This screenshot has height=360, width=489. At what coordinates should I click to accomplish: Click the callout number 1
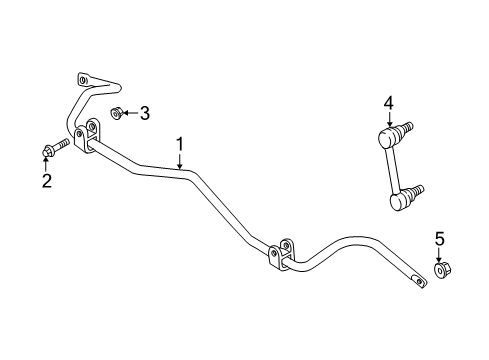pos(180,147)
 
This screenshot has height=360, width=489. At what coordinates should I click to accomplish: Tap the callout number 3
pos(145,113)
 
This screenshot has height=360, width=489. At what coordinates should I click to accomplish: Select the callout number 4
pos(389,101)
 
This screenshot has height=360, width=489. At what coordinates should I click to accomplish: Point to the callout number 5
pos(438,238)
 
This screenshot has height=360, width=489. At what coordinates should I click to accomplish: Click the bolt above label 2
pos(54,151)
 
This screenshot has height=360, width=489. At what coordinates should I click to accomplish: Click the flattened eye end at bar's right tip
pos(411,281)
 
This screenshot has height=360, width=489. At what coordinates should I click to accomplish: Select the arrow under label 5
pos(438,254)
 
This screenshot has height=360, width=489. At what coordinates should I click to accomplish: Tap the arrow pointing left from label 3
pos(131,113)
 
